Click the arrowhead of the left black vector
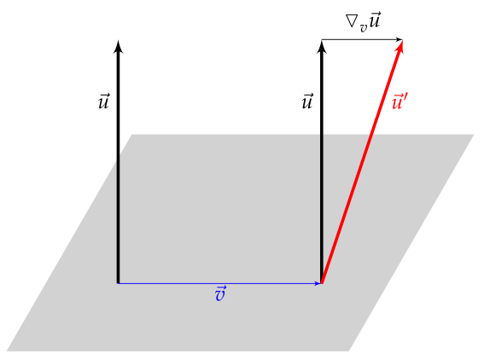pos(118,46)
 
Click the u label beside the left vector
pos(103,102)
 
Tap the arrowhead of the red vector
pos(400,46)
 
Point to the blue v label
pos(221,293)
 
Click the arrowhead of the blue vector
pos(318,283)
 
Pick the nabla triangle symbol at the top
pos(353,20)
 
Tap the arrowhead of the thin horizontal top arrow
pos(399,39)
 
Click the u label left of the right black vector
pos(307,102)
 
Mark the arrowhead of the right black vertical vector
pos(322,46)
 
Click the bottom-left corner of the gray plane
pos(7,351)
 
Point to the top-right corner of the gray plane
pos(474,135)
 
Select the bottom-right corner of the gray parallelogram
pos(349,351)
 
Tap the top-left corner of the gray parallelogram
pos(132,135)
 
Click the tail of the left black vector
pos(118,283)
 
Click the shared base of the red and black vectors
pos(322,283)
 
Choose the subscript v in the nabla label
pos(364,28)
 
